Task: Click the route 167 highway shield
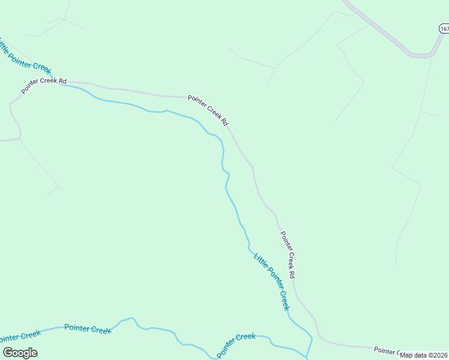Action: [x=444, y=29]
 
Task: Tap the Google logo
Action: [x=20, y=353]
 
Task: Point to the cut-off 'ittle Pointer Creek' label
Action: [x=26, y=56]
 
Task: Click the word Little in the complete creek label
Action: [x=259, y=260]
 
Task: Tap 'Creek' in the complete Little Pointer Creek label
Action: [x=283, y=299]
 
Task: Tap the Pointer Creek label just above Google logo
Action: [x=20, y=338]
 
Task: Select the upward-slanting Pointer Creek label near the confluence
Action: [x=236, y=345]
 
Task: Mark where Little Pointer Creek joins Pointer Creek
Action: [x=308, y=355]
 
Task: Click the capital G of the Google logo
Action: [x=8, y=353]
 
